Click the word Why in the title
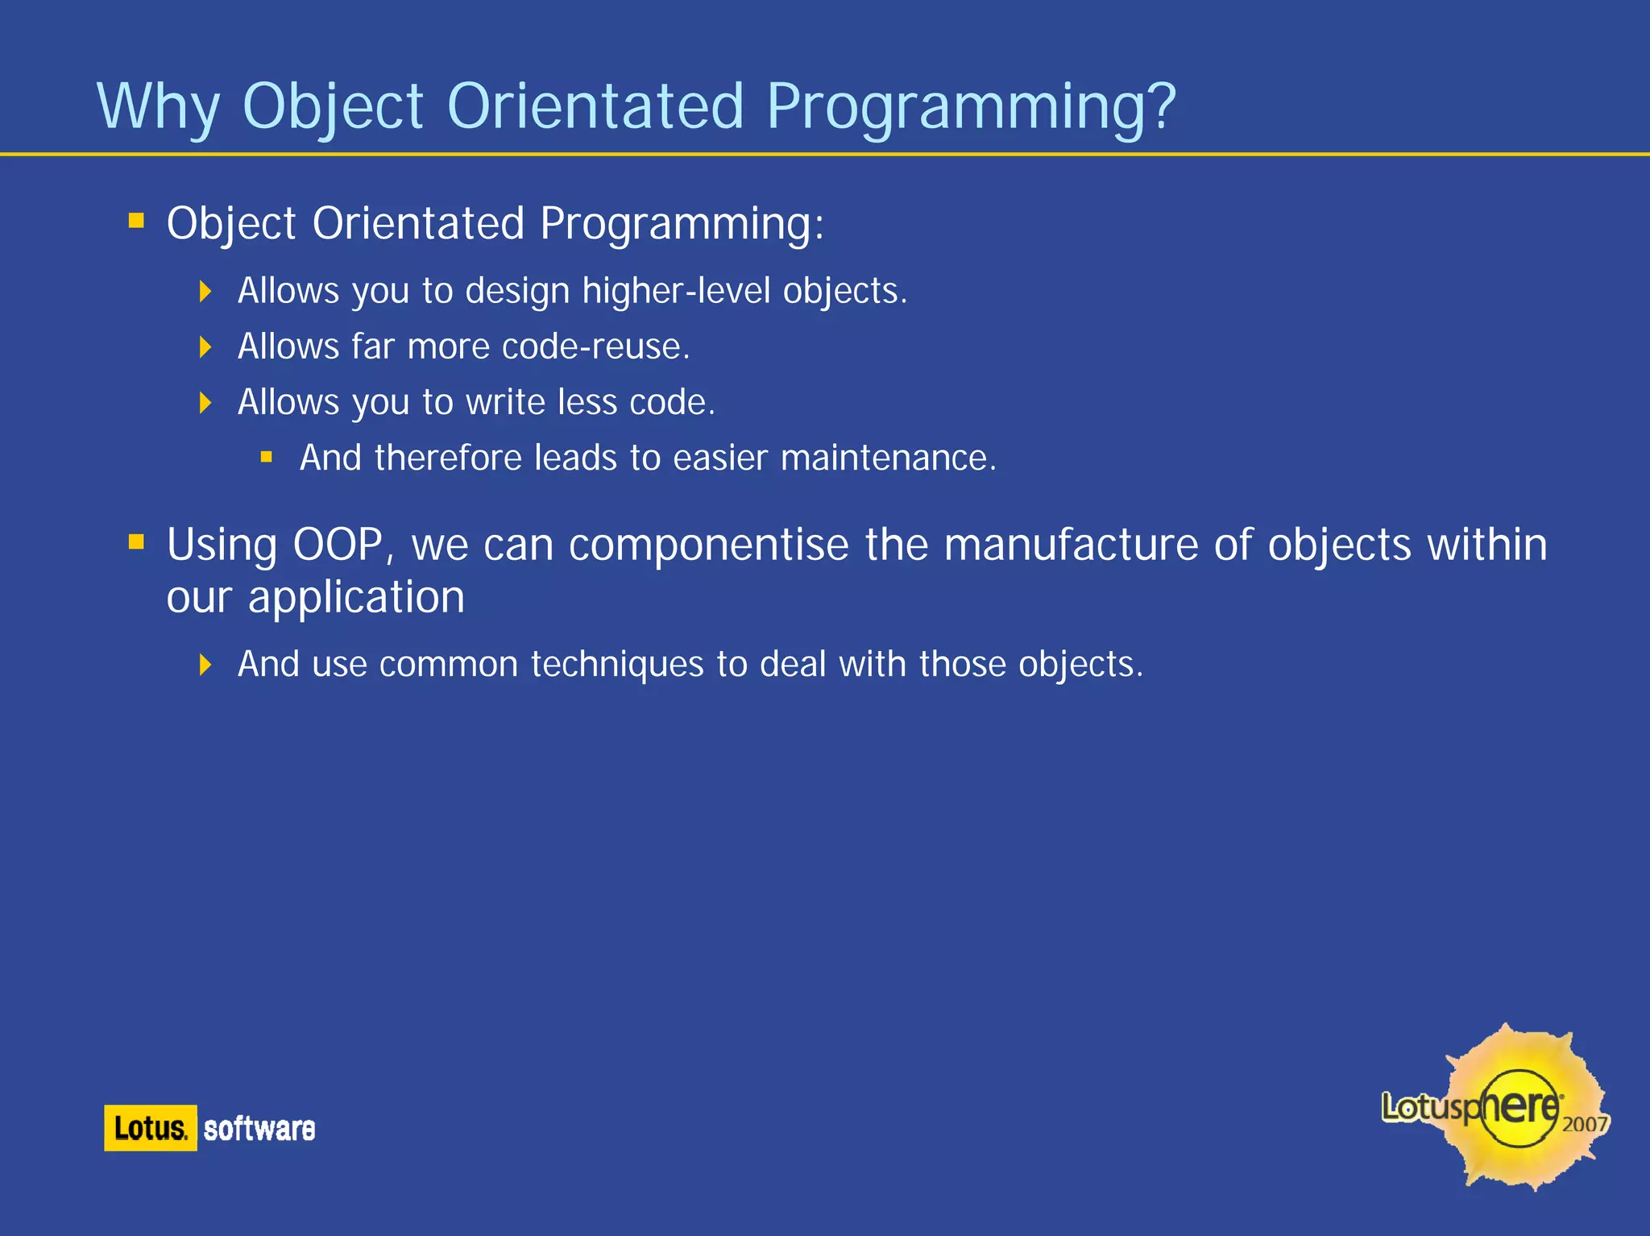click(158, 107)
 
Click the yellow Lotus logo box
click(151, 1128)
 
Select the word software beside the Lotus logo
click(259, 1129)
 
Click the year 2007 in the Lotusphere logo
click(1585, 1123)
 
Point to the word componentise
click(708, 545)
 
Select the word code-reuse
click(595, 346)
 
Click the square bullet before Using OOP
click(136, 541)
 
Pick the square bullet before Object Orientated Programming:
click(136, 220)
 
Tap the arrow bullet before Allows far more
click(205, 347)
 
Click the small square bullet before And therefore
click(267, 458)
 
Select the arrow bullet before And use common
click(205, 665)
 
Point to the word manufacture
click(1071, 545)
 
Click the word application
click(355, 598)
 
